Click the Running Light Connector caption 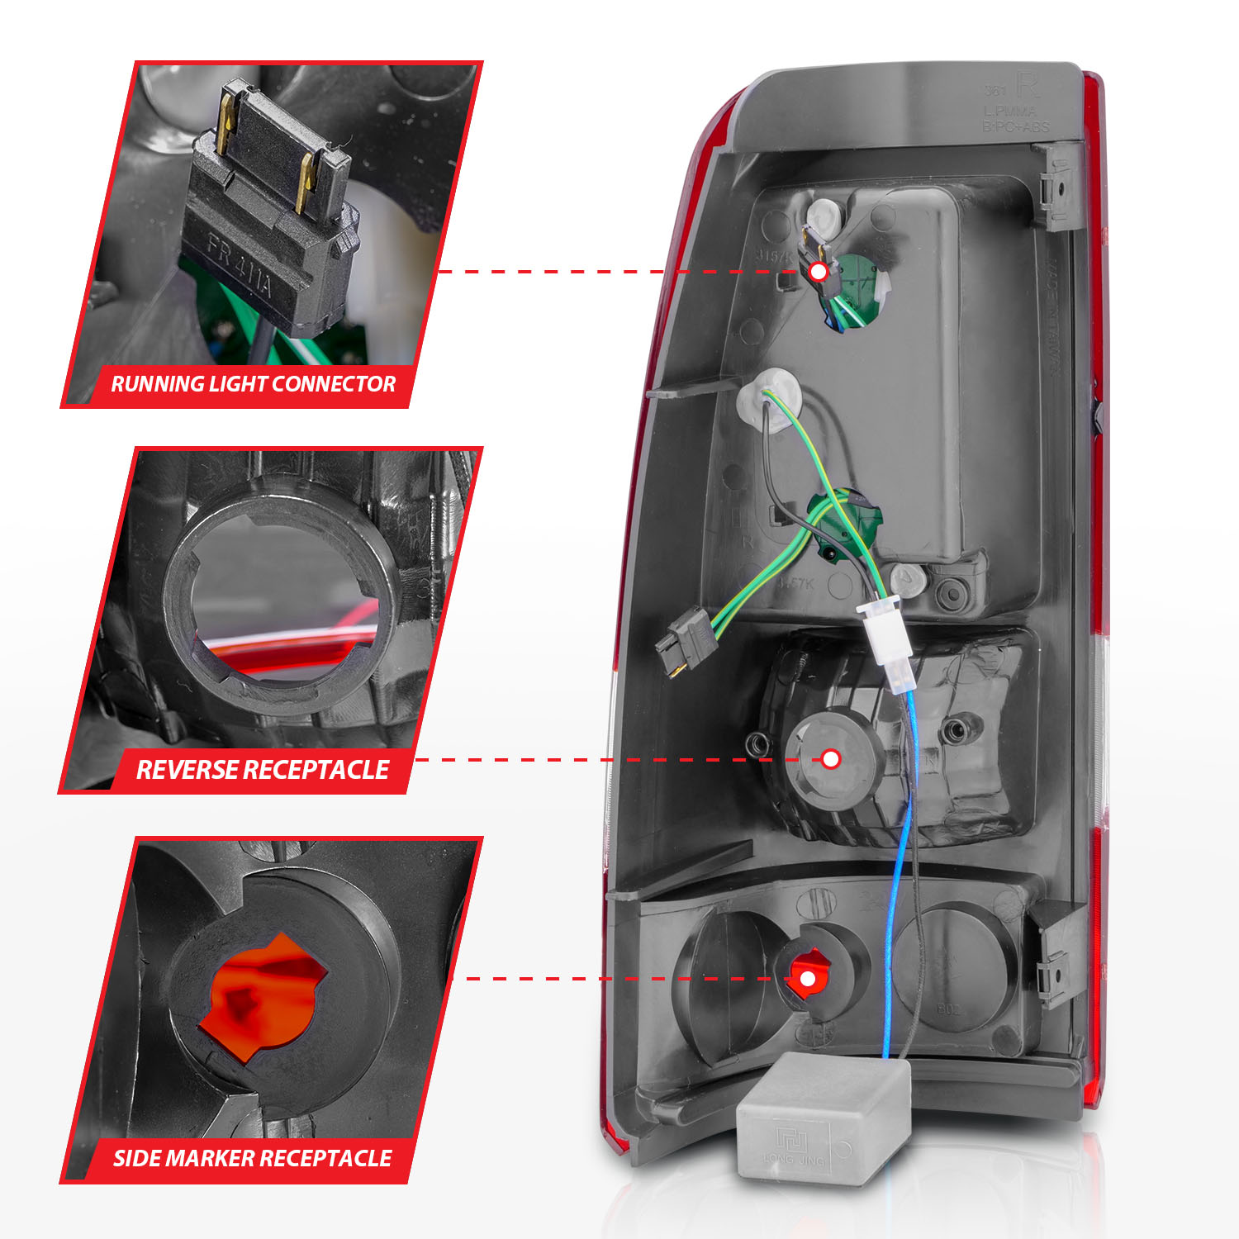(253, 384)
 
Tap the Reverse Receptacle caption (262, 770)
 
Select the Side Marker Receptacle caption (252, 1158)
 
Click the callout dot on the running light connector (818, 272)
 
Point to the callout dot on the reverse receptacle (831, 759)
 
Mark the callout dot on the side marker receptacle (808, 979)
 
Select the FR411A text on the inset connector (240, 268)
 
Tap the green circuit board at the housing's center (847, 525)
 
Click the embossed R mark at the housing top (1026, 85)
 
